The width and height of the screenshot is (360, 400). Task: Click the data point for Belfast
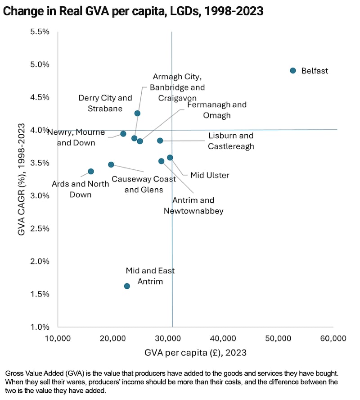pos(293,71)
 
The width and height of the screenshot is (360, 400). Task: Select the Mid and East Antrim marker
pos(127,286)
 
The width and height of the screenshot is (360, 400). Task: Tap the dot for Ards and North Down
pos(91,171)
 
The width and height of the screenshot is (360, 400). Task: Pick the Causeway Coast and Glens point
pos(111,164)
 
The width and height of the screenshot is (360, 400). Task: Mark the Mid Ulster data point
pos(170,158)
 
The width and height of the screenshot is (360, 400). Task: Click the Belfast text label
pos(315,71)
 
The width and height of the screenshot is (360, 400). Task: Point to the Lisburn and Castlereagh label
pos(231,141)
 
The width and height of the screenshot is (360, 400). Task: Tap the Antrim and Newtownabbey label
pos(193,205)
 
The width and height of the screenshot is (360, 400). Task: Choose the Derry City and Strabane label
pos(105,103)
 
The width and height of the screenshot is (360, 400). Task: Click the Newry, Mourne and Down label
pos(76,137)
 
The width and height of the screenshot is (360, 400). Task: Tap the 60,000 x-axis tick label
pos(333,338)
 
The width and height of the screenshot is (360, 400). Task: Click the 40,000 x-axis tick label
pos(224,338)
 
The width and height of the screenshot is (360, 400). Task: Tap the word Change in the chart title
pos(22,12)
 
